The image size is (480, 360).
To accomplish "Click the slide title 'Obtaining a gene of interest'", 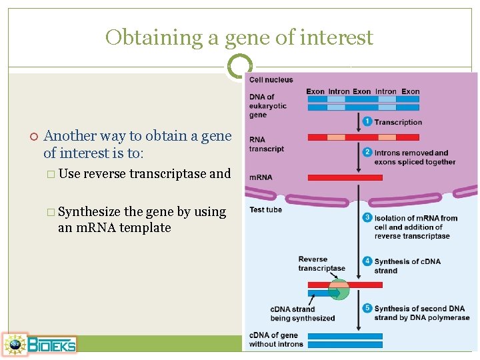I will click(239, 37).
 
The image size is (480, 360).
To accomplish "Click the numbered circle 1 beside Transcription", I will click(367, 122).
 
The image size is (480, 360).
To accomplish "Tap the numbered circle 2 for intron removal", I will click(367, 153).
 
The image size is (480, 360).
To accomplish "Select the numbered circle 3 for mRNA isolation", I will click(367, 218).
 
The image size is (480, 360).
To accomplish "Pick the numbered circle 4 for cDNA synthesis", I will click(367, 261).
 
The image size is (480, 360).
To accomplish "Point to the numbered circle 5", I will click(367, 308).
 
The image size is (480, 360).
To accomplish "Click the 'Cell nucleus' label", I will click(271, 80).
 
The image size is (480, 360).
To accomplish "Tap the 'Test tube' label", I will click(265, 210).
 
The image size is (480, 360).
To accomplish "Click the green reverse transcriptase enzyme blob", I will click(339, 290).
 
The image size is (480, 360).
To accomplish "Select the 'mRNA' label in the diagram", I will click(260, 178).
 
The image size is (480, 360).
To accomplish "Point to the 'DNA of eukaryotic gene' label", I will click(267, 106).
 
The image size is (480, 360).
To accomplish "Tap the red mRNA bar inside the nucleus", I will click(345, 178).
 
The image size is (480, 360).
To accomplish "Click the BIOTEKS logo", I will click(40, 344).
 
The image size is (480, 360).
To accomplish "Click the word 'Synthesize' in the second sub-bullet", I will click(89, 212).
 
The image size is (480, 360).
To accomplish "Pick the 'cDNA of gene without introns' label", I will click(276, 339).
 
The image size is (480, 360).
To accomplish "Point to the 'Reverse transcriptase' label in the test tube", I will click(321, 264).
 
